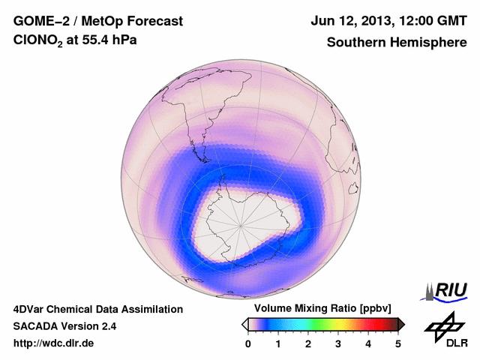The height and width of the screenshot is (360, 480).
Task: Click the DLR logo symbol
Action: [x=443, y=325]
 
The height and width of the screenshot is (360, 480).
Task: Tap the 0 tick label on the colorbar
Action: [x=248, y=343]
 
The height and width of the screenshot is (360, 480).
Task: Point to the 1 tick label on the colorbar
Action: [x=278, y=343]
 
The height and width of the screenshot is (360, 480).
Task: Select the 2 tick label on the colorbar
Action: [x=308, y=343]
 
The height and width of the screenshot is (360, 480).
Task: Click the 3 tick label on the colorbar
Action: [x=338, y=343]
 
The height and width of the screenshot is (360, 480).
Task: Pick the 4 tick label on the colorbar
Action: [x=368, y=343]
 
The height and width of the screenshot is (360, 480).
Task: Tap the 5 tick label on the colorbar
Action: [x=398, y=343]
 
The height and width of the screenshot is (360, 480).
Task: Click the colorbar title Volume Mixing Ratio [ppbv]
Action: [x=323, y=309]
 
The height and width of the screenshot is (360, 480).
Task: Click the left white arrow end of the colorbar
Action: [x=244, y=324]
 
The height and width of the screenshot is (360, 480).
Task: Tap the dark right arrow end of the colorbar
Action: [x=401, y=324]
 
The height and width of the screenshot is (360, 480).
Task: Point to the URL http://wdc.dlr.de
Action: [x=54, y=343]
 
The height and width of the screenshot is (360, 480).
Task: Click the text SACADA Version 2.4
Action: [x=64, y=326]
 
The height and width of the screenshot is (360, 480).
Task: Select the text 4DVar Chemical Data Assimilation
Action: [x=97, y=309]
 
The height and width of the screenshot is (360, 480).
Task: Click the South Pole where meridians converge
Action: [x=241, y=223]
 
